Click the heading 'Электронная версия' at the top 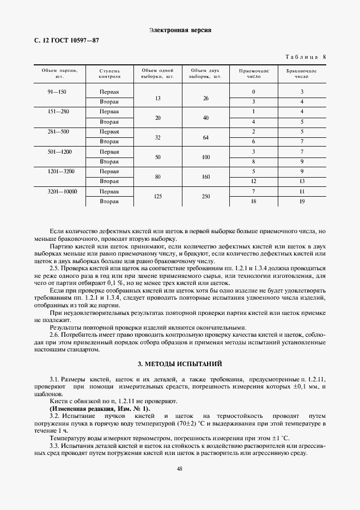coord(180,30)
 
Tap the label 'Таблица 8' coord(306,57)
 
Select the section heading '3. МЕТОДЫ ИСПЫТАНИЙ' coord(180,363)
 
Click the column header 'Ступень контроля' coord(109,74)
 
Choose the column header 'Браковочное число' coord(301,74)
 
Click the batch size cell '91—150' coord(57,92)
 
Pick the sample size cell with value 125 coord(157,196)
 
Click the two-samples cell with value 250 coord(205,196)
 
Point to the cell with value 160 coord(205,177)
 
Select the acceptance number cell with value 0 coord(254,92)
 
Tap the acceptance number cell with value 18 coord(254,201)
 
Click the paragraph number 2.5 coord(54,269)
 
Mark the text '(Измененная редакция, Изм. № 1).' coord(100,409)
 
